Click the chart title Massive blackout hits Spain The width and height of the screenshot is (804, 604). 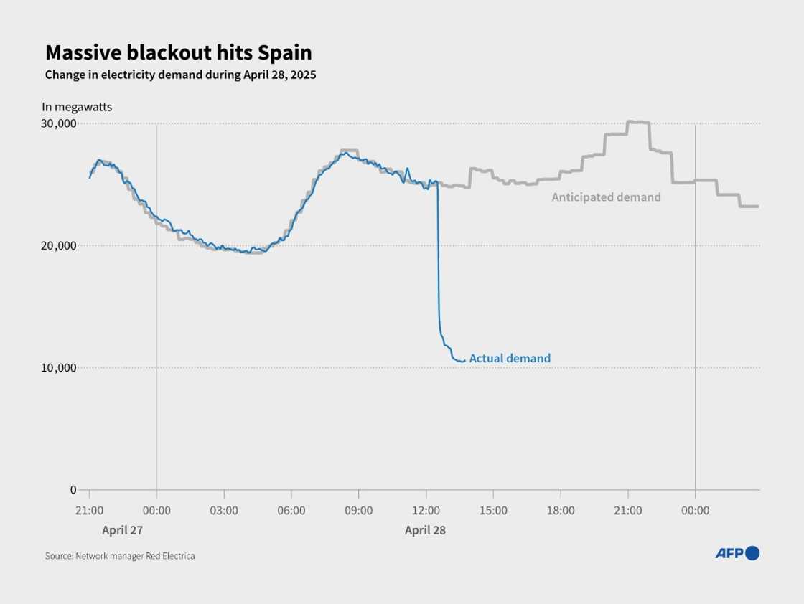point(178,53)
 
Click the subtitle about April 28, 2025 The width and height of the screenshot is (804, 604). point(180,75)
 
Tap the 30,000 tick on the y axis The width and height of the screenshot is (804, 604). point(57,123)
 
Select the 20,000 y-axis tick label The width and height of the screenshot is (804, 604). point(57,245)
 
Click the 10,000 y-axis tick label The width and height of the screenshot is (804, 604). point(57,367)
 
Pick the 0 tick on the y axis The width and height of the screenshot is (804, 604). point(73,490)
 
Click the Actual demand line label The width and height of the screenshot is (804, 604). point(510,358)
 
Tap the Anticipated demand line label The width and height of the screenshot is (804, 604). point(606,197)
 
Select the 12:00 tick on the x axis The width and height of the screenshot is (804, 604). point(426,511)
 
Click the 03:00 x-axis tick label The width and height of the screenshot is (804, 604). point(224,511)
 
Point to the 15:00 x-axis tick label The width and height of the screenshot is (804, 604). point(493,511)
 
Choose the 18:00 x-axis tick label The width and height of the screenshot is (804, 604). point(561,511)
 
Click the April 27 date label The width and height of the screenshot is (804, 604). point(122,530)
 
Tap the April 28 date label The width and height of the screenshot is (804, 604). point(426,530)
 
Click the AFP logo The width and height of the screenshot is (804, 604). point(737,553)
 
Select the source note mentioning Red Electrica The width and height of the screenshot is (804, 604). point(120,556)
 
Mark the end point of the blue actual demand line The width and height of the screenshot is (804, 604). point(464,360)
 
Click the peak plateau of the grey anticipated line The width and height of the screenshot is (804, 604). point(637,122)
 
